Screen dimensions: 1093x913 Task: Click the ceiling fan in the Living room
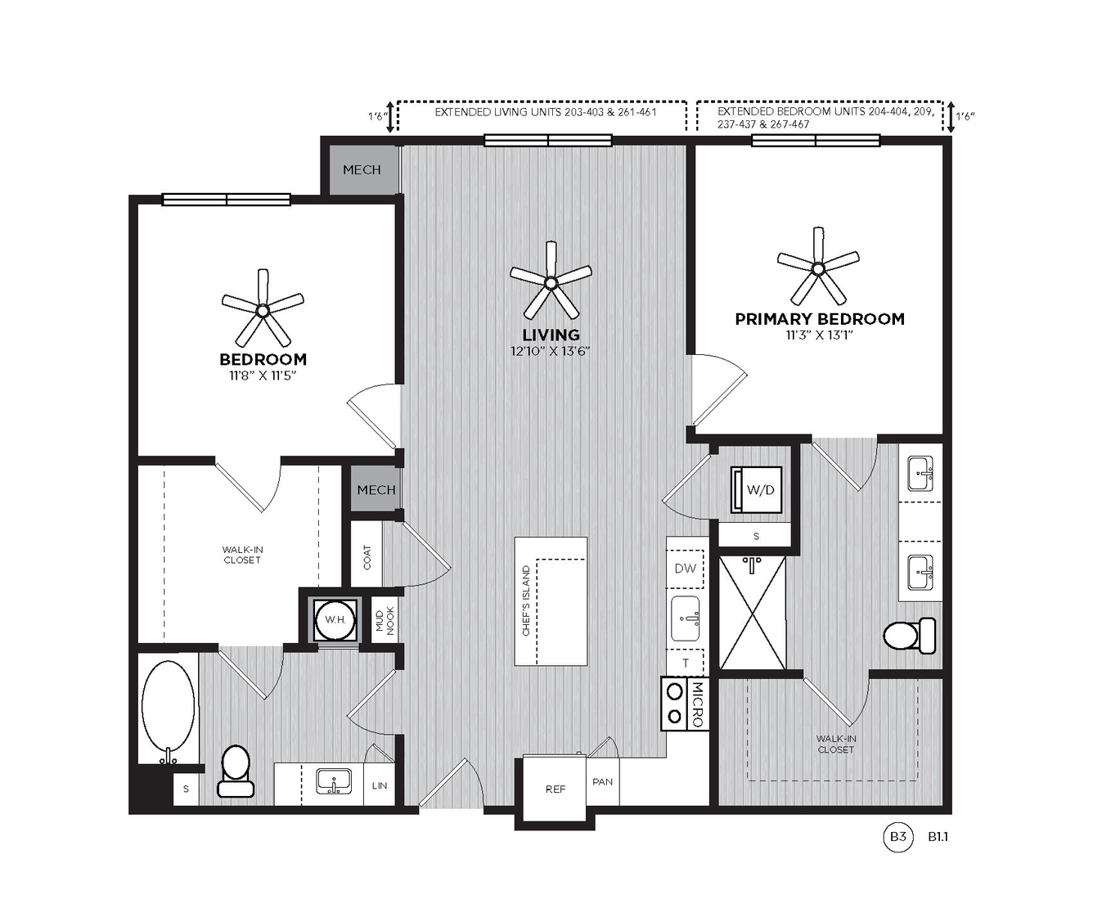click(x=551, y=283)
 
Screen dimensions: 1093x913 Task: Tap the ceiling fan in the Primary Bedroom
click(x=818, y=268)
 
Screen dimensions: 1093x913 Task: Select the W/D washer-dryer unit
click(x=757, y=490)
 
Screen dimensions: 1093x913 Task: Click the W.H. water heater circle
click(x=335, y=620)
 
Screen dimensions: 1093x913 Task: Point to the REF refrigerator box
click(x=555, y=789)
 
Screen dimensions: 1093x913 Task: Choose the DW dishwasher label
click(x=686, y=569)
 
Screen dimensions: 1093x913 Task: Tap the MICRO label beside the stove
click(x=697, y=704)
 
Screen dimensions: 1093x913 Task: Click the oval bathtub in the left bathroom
click(x=168, y=713)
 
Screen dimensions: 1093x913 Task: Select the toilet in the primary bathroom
click(x=909, y=636)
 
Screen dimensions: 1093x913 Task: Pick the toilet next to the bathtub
click(x=236, y=771)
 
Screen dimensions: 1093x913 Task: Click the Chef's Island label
click(x=526, y=600)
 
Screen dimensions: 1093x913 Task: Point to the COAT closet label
click(x=367, y=558)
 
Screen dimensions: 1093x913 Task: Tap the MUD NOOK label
click(x=385, y=620)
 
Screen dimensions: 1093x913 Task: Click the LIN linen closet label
click(x=380, y=786)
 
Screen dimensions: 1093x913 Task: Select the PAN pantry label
click(x=602, y=781)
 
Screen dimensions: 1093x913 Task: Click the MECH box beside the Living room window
click(x=362, y=169)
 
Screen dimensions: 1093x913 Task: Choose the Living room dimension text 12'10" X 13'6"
click(x=551, y=351)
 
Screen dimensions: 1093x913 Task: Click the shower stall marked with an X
click(x=753, y=613)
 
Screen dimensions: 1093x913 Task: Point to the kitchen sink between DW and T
click(x=686, y=618)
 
